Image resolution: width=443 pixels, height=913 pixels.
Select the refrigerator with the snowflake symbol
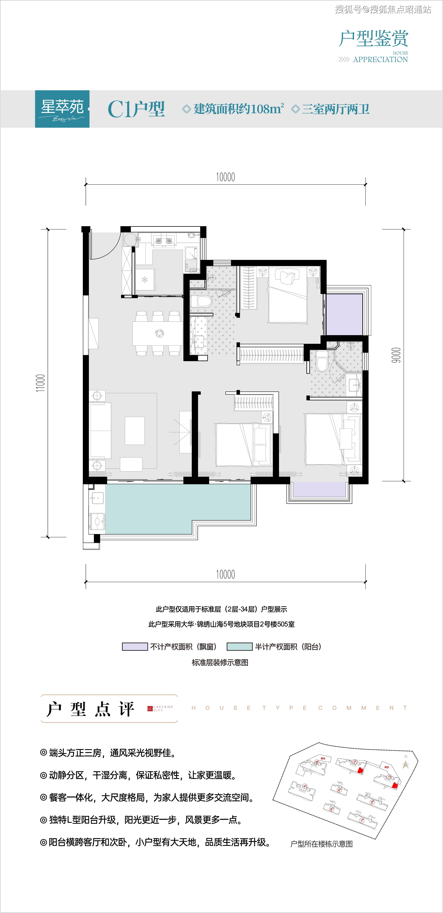pyautogui.click(x=145, y=280)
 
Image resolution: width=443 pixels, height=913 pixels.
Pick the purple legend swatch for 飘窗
pyautogui.click(x=135, y=646)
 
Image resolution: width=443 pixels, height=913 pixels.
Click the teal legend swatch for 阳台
pyautogui.click(x=239, y=646)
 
